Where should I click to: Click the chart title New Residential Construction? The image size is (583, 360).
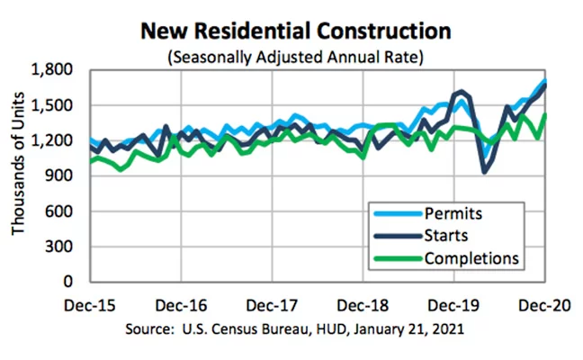click(x=296, y=31)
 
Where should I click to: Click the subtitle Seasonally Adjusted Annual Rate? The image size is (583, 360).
click(x=296, y=57)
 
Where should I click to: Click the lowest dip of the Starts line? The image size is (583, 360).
click(x=486, y=171)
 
